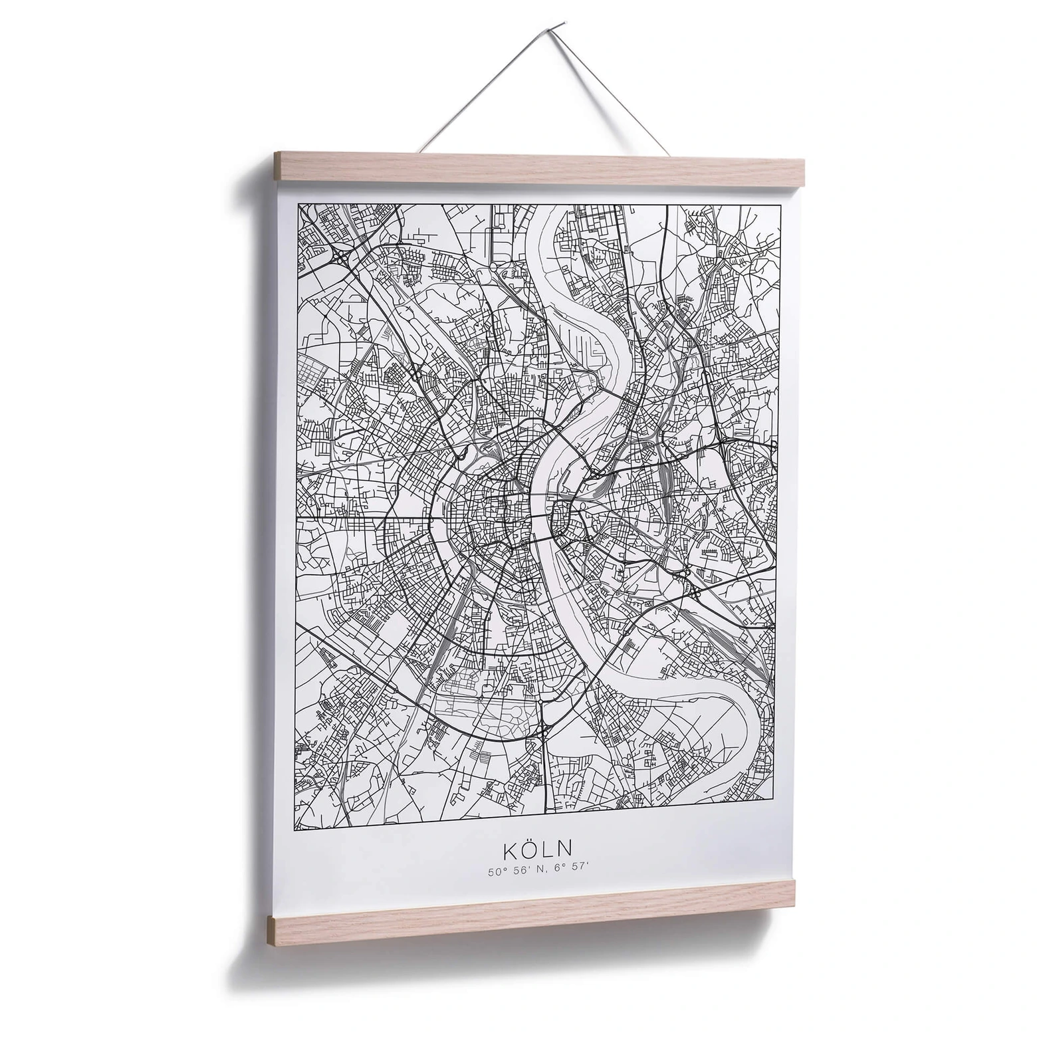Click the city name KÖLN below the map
point(538,850)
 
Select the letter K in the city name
point(509,851)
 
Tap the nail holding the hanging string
point(562,25)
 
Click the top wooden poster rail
point(538,169)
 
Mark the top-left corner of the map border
point(298,204)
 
